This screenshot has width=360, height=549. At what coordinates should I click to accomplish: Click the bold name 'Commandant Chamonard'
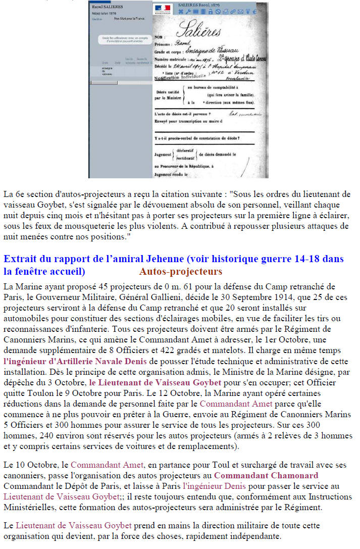tap(266, 475)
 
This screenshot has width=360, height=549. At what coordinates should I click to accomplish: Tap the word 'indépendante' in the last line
tap(254, 536)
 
